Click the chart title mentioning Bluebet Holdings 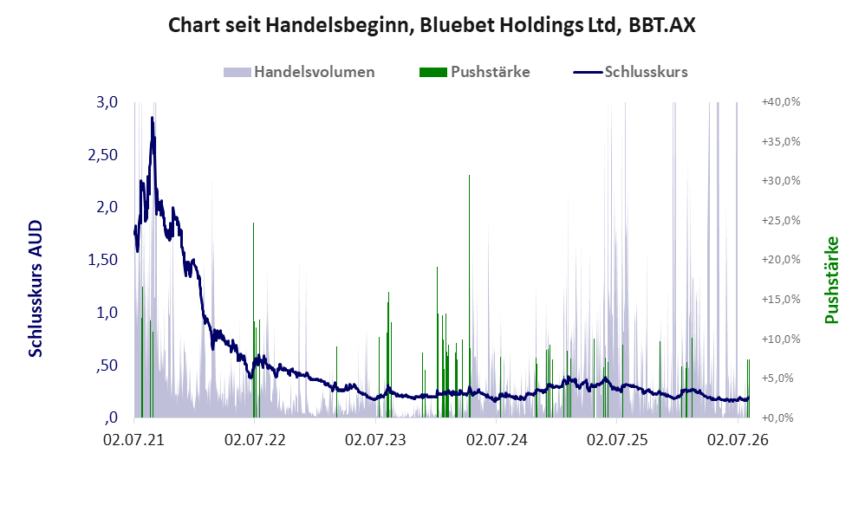pos(432,25)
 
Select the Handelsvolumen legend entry pos(299,72)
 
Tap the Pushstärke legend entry pos(474,72)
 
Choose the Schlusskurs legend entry pos(630,72)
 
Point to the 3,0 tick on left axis pos(107,102)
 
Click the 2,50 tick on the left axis pos(103,155)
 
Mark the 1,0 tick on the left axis pos(107,313)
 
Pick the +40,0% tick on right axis pos(781,102)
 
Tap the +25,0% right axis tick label pos(781,221)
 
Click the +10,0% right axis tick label pos(781,339)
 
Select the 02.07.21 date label pos(134,440)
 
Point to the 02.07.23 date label pos(375,440)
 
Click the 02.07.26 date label pos(738,440)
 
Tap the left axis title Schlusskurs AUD pos(36,288)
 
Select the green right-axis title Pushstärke pos(831,280)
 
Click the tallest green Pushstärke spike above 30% pos(470,296)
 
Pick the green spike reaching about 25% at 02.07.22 pos(254,320)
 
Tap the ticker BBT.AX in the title pos(662,25)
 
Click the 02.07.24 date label pos(497,440)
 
